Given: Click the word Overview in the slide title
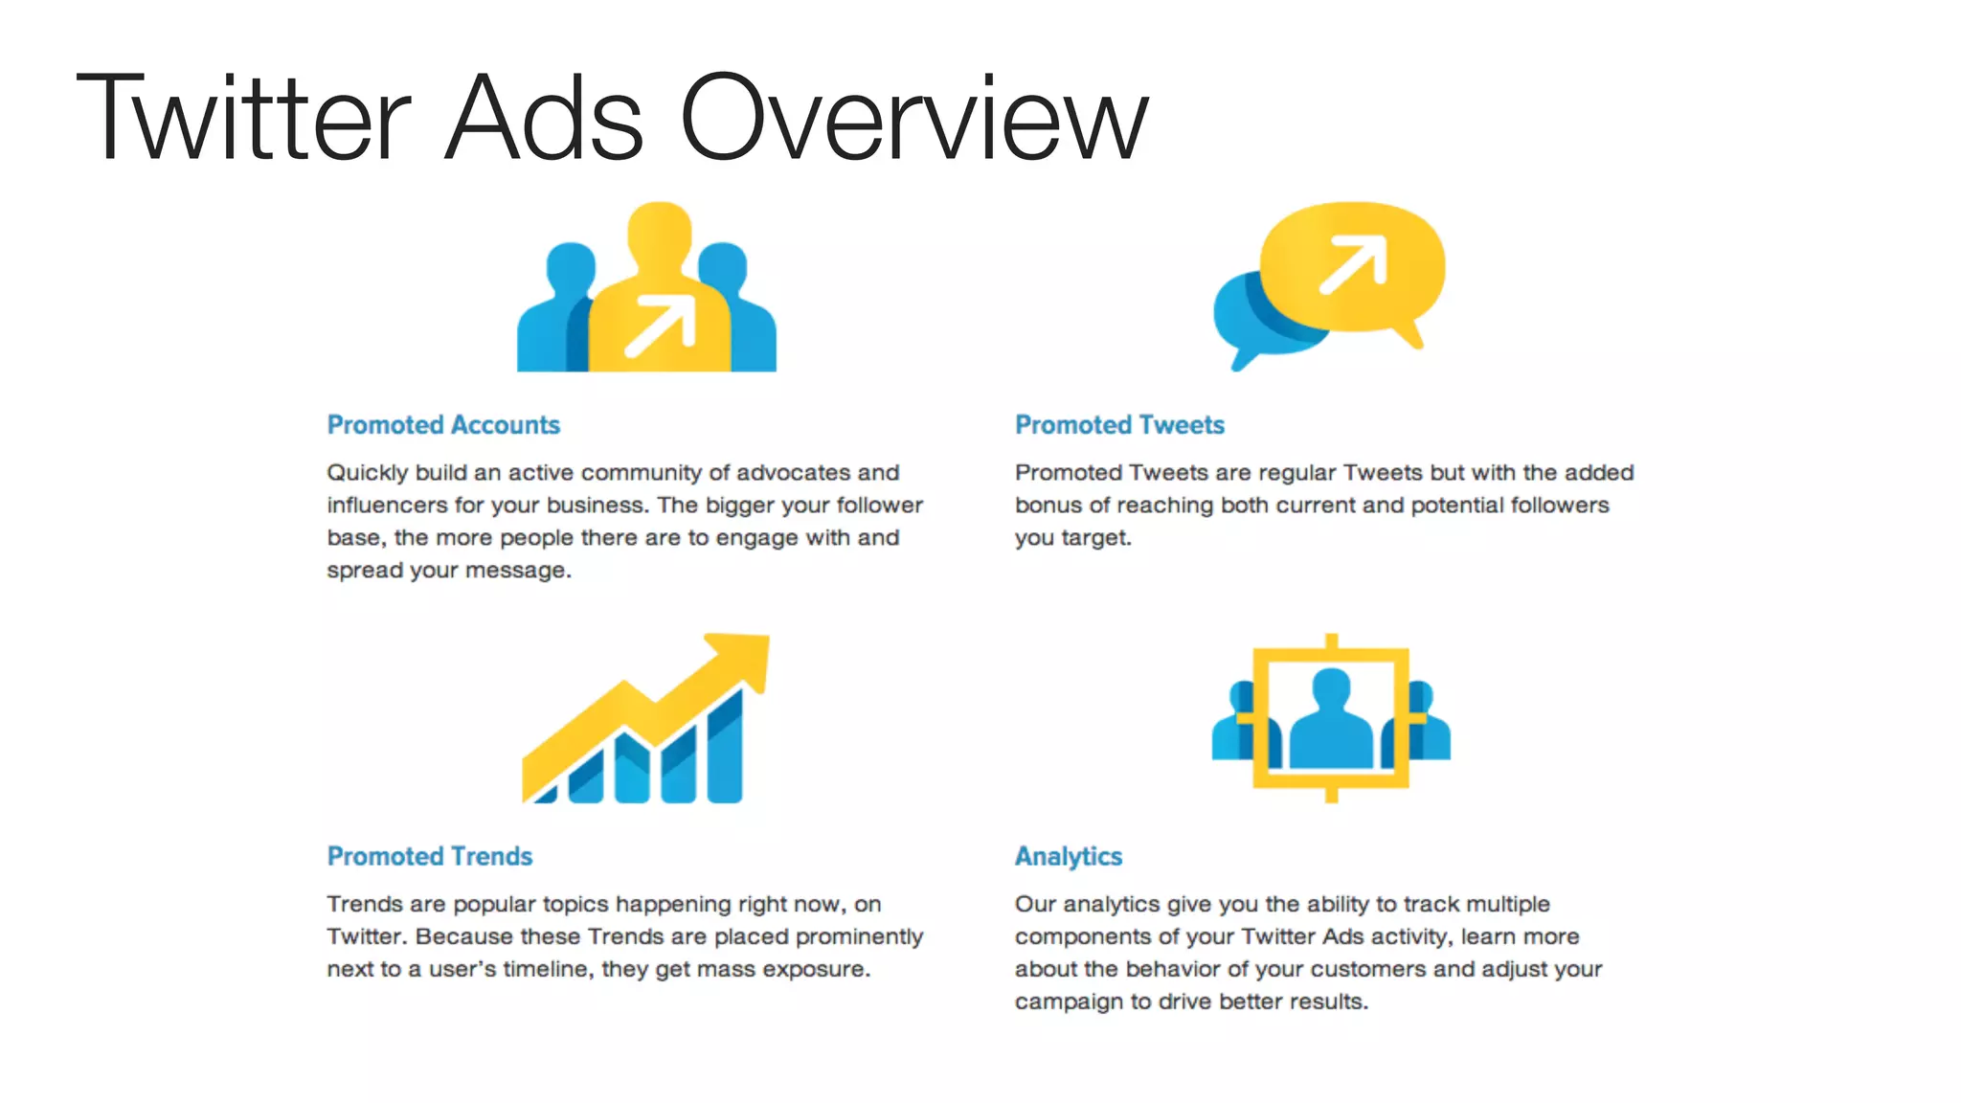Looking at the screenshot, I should click(x=914, y=119).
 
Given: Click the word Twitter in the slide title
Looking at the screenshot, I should click(x=244, y=119).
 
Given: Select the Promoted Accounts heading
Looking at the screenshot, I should click(x=443, y=425).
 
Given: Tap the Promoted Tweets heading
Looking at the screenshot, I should click(x=1119, y=425).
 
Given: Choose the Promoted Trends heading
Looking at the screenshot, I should click(x=430, y=856).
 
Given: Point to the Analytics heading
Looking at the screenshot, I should click(x=1069, y=856).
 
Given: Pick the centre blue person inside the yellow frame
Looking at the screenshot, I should click(x=1331, y=723).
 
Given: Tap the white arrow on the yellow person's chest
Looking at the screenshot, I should click(x=661, y=326).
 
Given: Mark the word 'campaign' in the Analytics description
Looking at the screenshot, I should click(x=1069, y=1002).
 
